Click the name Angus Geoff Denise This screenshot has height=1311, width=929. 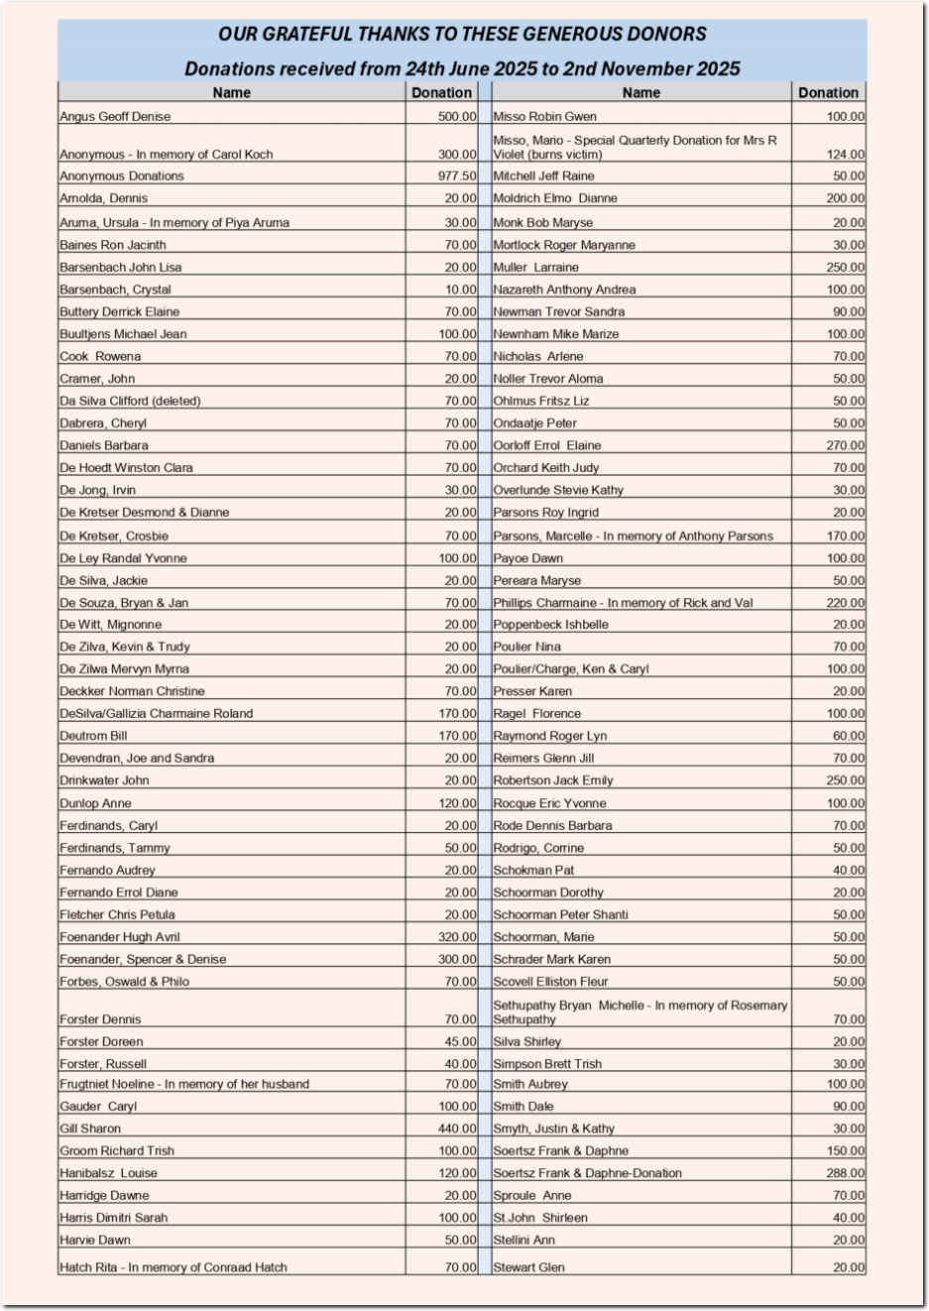115,117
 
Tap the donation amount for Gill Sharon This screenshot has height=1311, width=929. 457,1129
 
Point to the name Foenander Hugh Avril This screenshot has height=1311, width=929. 120,937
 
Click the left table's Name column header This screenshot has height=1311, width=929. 231,93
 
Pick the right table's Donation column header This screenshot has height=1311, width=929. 828,93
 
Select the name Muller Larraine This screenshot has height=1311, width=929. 536,268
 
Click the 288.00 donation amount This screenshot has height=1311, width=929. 846,1173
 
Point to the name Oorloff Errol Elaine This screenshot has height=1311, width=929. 547,446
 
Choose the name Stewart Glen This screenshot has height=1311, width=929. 529,1267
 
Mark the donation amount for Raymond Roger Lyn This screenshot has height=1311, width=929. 849,736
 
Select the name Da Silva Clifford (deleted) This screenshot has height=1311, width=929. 130,402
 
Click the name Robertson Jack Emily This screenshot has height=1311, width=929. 553,780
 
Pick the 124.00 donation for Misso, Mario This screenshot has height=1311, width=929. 846,155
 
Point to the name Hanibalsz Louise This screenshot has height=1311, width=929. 109,1173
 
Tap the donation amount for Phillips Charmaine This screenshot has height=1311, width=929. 846,603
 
